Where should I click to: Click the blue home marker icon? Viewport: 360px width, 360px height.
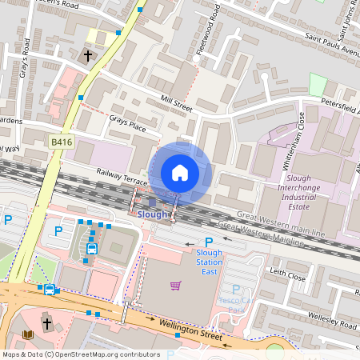(x=180, y=173)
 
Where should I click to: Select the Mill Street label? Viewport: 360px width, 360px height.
(x=177, y=105)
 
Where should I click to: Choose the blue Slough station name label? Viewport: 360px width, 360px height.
(x=153, y=214)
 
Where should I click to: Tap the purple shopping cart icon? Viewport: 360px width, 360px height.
(x=176, y=286)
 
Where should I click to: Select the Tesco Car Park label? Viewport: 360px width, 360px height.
(x=236, y=304)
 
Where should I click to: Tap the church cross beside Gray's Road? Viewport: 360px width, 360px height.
(x=87, y=56)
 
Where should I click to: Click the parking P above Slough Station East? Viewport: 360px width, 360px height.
(x=210, y=242)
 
